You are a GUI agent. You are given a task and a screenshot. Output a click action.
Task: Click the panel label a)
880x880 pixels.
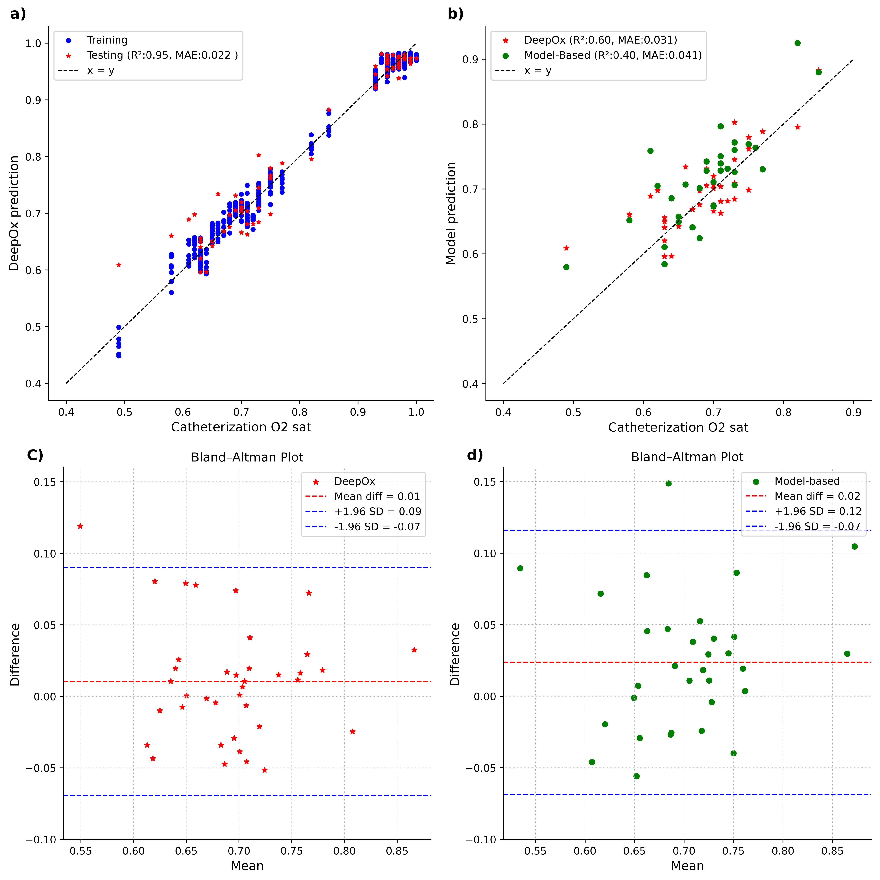[18, 14]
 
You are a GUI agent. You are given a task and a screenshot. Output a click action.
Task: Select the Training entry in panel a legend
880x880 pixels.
[107, 40]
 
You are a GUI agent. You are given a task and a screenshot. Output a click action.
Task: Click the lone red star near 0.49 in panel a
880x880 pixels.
[119, 265]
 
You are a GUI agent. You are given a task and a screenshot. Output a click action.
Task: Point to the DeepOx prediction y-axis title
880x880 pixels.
[14, 213]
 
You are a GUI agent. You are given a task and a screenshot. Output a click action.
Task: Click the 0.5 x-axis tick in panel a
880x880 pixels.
[124, 412]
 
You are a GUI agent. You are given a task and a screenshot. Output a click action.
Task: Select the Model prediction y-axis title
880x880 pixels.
[451, 213]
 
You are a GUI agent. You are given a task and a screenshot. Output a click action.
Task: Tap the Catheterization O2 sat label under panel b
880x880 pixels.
[678, 427]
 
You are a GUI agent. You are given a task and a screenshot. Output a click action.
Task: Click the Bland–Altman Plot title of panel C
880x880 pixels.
[247, 457]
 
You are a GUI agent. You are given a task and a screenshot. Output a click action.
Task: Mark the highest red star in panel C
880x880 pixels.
[80, 526]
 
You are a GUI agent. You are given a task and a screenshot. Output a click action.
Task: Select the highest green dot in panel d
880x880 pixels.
[668, 483]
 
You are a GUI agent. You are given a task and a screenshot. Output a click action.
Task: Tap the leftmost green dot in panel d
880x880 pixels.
[520, 568]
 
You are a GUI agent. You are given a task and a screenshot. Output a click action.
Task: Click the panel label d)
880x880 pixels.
[475, 455]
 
